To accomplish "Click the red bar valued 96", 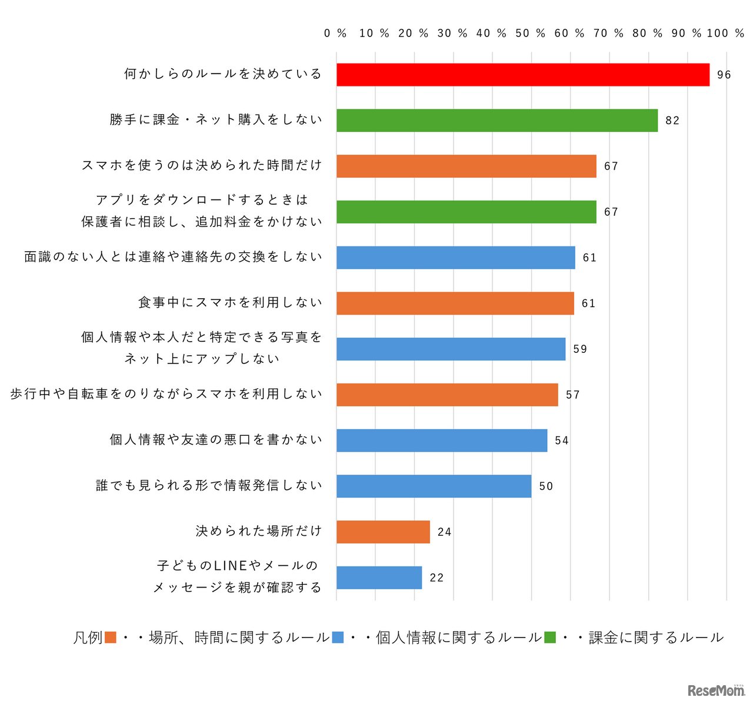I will [x=522, y=75].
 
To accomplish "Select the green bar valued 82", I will [x=497, y=121].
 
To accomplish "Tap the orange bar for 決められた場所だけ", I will [x=383, y=532].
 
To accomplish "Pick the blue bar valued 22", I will [x=379, y=578].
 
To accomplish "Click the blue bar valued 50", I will [x=434, y=486].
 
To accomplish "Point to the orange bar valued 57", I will [x=447, y=395].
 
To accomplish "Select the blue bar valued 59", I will [x=451, y=349].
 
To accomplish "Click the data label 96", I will [x=724, y=75].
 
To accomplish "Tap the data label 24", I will [x=444, y=532].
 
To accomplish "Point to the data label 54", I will [x=561, y=441].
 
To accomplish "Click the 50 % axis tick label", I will [x=530, y=34].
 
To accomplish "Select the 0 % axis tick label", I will [x=335, y=34].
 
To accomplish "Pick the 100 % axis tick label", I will [x=725, y=34].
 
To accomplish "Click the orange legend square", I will [x=110, y=638].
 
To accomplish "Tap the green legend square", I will [x=550, y=638].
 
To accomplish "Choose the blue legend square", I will [x=338, y=638].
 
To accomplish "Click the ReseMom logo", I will [x=715, y=690].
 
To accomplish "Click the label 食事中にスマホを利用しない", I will [x=230, y=303].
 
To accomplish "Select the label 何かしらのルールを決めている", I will [x=223, y=74].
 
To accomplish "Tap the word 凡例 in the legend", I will [x=88, y=638].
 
